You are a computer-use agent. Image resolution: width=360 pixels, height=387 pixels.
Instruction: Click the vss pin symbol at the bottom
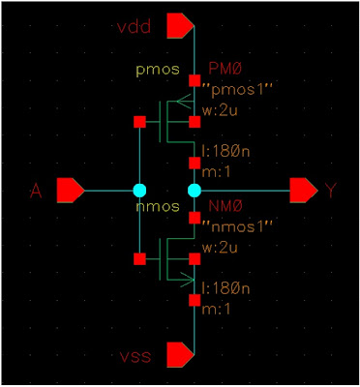(x=180, y=355)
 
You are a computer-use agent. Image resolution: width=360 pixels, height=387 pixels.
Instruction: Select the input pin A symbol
(x=71, y=190)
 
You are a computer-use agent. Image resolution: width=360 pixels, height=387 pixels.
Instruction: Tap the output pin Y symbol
(x=304, y=190)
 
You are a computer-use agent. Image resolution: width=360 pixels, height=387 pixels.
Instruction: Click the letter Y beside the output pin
(x=332, y=192)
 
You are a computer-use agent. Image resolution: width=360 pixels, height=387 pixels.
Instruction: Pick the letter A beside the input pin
(x=37, y=192)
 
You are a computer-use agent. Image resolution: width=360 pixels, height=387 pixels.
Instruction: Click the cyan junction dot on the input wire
(x=139, y=190)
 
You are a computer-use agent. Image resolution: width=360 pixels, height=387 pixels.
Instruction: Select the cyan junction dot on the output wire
(x=194, y=190)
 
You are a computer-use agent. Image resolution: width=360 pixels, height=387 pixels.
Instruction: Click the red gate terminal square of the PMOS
(x=139, y=121)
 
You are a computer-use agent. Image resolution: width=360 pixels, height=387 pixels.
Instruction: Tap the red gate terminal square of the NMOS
(x=139, y=259)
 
